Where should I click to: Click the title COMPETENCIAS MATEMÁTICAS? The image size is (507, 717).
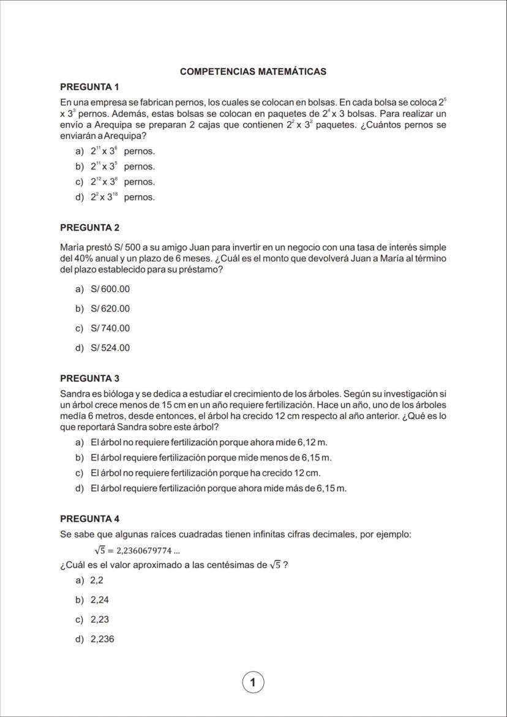(253, 72)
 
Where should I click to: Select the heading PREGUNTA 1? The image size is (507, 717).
(89, 87)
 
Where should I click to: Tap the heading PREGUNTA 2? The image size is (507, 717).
(89, 228)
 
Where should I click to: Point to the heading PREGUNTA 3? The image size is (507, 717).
(89, 378)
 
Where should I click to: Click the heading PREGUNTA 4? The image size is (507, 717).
(89, 519)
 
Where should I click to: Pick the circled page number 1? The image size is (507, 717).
(253, 681)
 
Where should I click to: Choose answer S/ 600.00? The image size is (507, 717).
(110, 289)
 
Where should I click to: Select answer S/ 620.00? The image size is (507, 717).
(110, 309)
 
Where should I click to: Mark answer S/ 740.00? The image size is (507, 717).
(110, 328)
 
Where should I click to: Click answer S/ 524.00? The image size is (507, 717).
(110, 348)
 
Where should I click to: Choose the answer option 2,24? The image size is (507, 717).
(99, 600)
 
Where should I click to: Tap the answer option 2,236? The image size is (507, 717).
(102, 639)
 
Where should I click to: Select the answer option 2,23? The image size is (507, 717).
(99, 620)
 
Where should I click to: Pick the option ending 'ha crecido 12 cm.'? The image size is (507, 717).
(205, 473)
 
